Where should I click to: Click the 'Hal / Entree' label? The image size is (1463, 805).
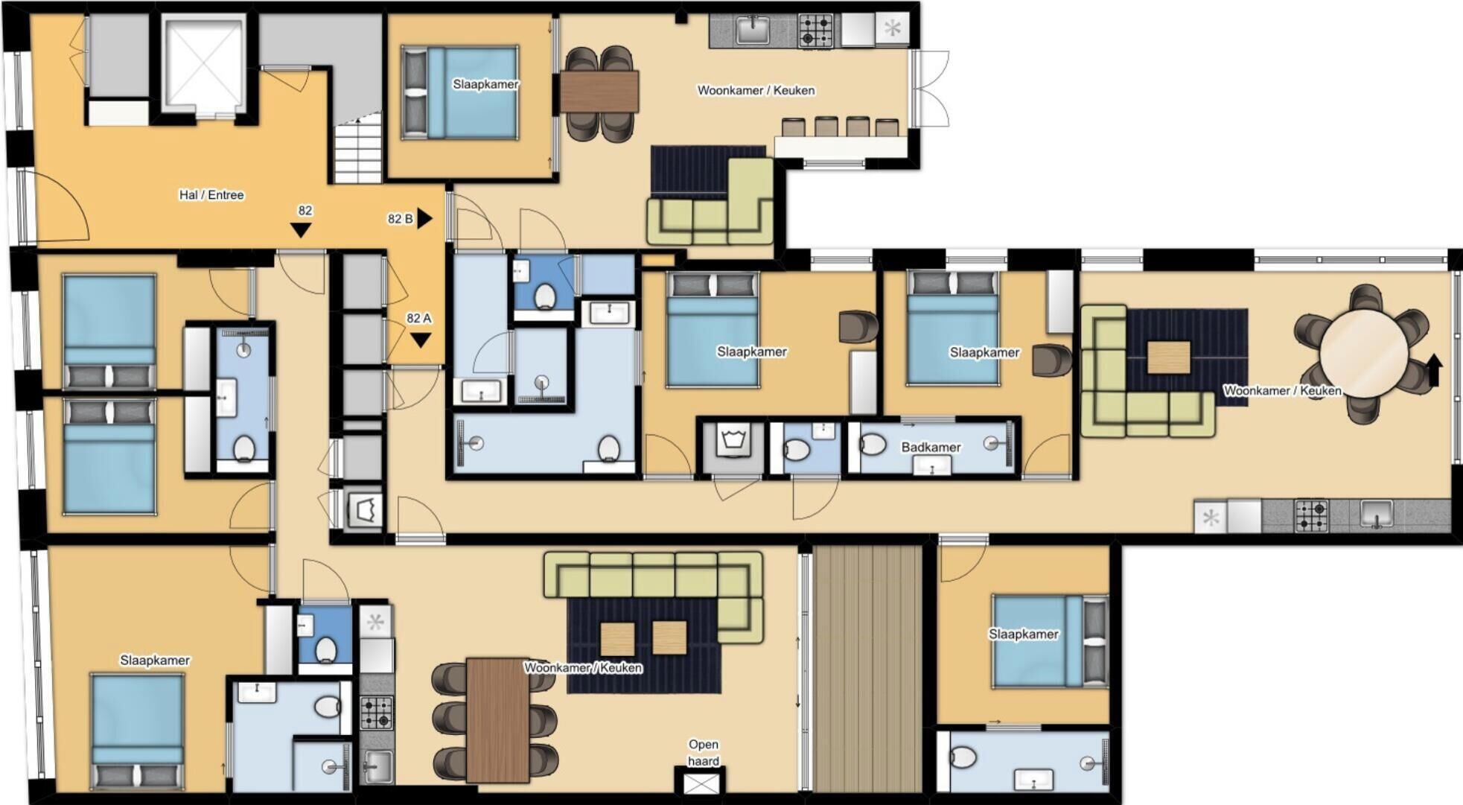(x=211, y=195)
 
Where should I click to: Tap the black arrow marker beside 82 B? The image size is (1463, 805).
(x=424, y=218)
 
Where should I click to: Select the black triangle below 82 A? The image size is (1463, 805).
(x=421, y=340)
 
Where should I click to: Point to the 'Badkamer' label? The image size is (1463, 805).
(x=931, y=447)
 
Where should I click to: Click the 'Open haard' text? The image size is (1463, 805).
(x=704, y=752)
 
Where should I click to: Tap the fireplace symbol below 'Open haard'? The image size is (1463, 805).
(x=702, y=783)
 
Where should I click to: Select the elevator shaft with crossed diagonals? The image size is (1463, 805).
(x=203, y=66)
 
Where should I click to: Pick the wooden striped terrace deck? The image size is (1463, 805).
(x=867, y=668)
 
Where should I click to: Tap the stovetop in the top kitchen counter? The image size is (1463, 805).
(x=816, y=31)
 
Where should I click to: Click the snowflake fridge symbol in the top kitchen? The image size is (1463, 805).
(x=892, y=30)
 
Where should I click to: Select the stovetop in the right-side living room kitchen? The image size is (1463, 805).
(x=1312, y=515)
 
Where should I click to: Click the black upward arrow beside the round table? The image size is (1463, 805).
(x=1434, y=370)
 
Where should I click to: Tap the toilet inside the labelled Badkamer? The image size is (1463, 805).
(x=873, y=445)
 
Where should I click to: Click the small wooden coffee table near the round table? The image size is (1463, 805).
(x=1168, y=357)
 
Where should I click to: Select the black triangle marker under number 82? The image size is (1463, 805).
(x=301, y=230)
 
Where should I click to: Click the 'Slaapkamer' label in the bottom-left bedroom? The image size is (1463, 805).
(x=155, y=661)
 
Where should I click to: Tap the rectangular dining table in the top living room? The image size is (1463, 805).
(x=599, y=92)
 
